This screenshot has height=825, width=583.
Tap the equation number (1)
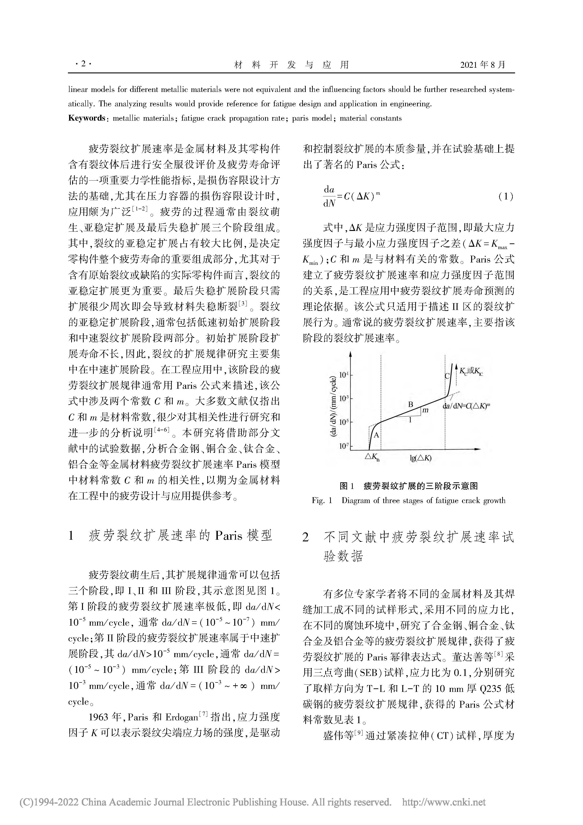[x=505, y=197]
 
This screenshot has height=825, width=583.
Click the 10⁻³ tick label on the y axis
[x=344, y=398]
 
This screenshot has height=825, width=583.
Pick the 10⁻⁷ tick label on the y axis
[x=344, y=446]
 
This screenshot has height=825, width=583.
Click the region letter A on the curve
[x=377, y=435]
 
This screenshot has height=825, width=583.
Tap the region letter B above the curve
[x=411, y=405]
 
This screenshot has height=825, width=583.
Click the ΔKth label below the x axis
[x=372, y=458]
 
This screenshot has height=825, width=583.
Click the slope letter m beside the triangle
[x=425, y=410]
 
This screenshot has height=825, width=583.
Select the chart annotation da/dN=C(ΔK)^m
[x=466, y=406]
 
